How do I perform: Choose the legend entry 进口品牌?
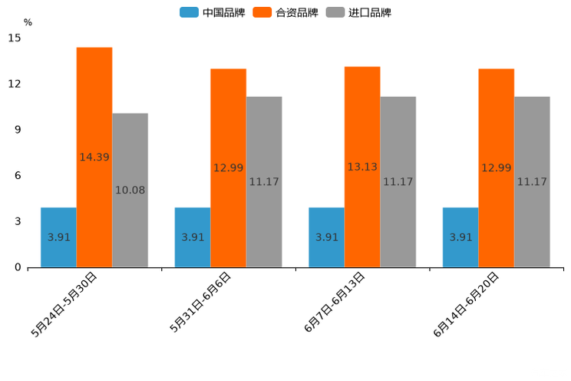pos(359,12)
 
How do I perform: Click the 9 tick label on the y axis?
pos(18,130)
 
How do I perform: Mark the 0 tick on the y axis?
pos(18,267)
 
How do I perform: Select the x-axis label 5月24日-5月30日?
pos(64,304)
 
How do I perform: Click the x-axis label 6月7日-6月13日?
pos(335,303)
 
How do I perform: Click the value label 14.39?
pos(94,157)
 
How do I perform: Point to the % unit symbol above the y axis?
pos(28,22)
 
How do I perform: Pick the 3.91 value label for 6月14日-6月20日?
pos(460,237)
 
